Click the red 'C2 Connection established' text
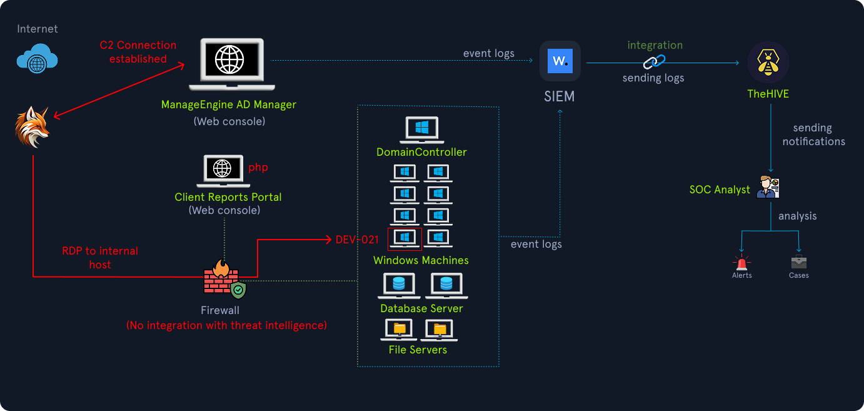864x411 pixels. (138, 52)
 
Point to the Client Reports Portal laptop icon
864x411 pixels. (222, 171)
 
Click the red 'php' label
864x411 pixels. (258, 168)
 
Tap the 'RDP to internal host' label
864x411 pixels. (100, 258)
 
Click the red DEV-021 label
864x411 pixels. (357, 240)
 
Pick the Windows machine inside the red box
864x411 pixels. (404, 238)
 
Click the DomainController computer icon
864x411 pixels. (421, 129)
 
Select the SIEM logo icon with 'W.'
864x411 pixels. (560, 62)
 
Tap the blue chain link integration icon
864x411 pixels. (655, 61)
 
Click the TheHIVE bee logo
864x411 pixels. (768, 63)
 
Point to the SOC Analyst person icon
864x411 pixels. (768, 187)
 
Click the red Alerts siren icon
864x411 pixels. (742, 261)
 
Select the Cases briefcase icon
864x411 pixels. (798, 261)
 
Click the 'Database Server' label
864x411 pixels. (421, 308)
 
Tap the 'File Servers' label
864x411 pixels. (418, 350)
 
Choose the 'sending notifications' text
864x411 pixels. (813, 134)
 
